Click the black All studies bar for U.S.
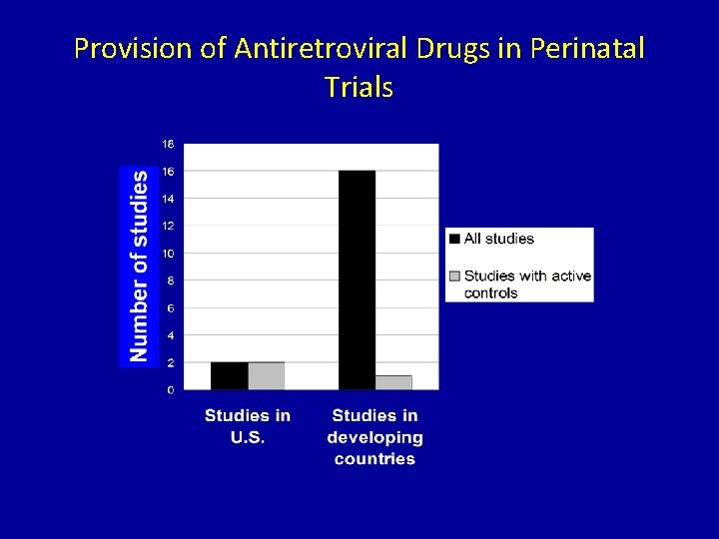[x=229, y=375]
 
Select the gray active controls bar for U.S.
[x=266, y=375]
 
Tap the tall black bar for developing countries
[x=357, y=279]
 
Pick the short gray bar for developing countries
[x=393, y=382]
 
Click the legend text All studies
[x=499, y=239]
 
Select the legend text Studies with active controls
[x=527, y=284]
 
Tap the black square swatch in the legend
[x=455, y=239]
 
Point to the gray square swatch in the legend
[x=455, y=276]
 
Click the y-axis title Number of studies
[x=139, y=266]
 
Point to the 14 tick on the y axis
[x=168, y=199]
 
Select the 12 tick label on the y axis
[x=168, y=226]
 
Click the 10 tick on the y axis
[x=168, y=254]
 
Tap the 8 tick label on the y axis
[x=170, y=280]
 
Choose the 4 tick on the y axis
[x=170, y=335]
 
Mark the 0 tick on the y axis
[x=170, y=389]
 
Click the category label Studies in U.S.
[x=248, y=426]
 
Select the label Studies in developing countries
[x=374, y=437]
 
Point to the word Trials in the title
[x=359, y=87]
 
